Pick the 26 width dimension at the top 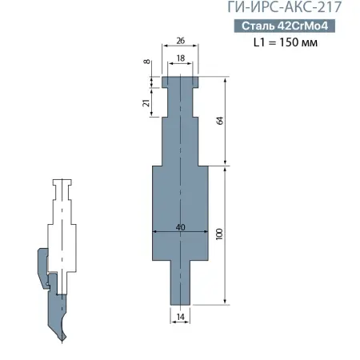click(x=180, y=40)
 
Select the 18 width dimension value click(x=180, y=58)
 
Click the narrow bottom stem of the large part click(x=180, y=284)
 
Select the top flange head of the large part click(x=180, y=81)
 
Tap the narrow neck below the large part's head click(x=180, y=102)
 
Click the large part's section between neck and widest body click(x=180, y=140)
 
